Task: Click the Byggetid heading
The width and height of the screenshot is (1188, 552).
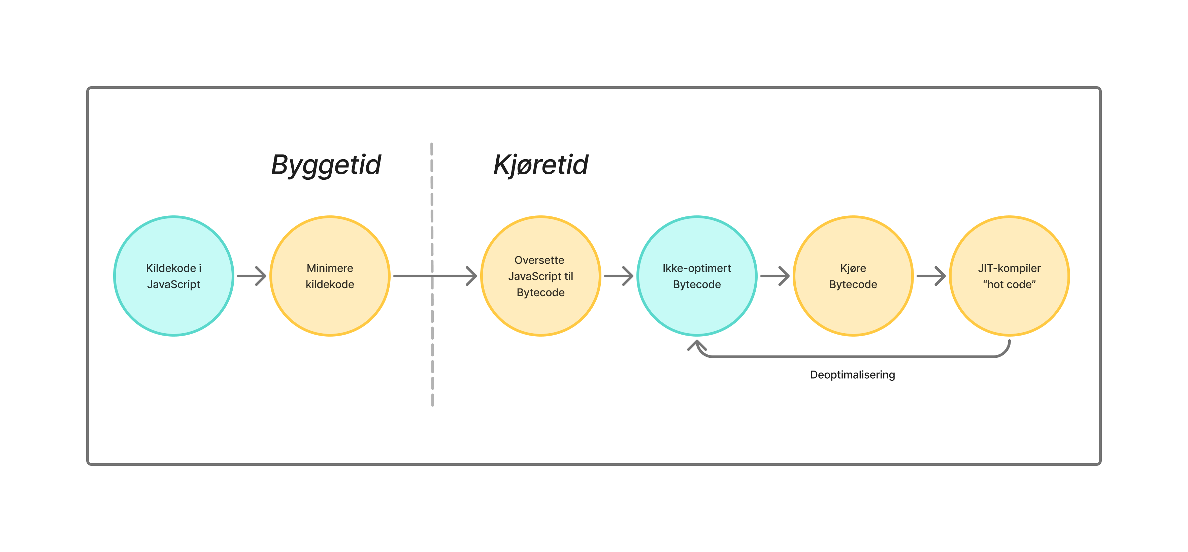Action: click(x=326, y=165)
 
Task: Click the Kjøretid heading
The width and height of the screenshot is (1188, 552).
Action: click(x=540, y=165)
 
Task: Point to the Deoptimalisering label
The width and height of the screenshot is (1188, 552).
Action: click(x=852, y=375)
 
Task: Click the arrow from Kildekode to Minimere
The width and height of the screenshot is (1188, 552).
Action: click(x=252, y=276)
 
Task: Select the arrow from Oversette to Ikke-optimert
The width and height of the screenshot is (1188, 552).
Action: click(x=619, y=276)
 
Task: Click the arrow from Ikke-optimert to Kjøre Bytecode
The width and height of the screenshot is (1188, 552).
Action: click(x=775, y=276)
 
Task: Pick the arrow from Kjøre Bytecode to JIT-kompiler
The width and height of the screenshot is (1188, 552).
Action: click(x=931, y=276)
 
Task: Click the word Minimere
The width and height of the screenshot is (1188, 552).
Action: click(x=330, y=268)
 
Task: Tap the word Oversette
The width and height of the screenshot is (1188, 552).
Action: click(x=539, y=260)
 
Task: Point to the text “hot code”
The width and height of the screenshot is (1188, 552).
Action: click(x=1009, y=284)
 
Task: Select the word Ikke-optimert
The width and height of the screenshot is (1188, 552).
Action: click(x=696, y=268)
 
